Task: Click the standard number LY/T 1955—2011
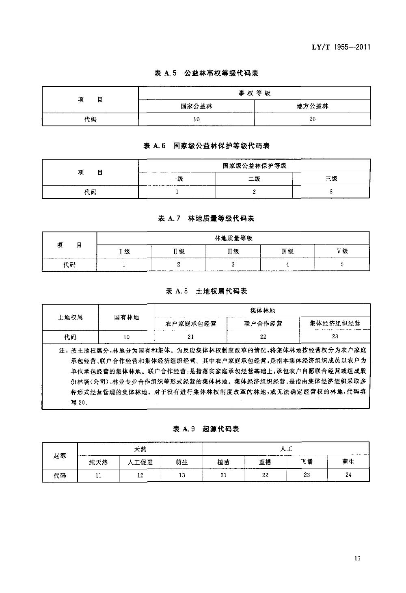(341, 47)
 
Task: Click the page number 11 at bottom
(357, 558)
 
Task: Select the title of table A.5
(207, 74)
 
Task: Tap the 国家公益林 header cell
(197, 106)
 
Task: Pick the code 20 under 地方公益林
(312, 119)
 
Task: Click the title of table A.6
(206, 146)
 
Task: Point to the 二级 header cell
(254, 179)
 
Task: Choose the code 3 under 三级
(331, 192)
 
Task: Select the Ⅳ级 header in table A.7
(287, 251)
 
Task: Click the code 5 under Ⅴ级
(342, 264)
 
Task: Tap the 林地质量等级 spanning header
(233, 238)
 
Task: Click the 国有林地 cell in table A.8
(126, 317)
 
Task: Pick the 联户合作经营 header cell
(263, 324)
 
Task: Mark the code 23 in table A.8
(335, 337)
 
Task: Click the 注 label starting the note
(62, 350)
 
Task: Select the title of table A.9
(206, 429)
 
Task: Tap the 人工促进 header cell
(140, 462)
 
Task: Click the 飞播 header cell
(307, 462)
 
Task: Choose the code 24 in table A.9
(348, 475)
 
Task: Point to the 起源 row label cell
(60, 456)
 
